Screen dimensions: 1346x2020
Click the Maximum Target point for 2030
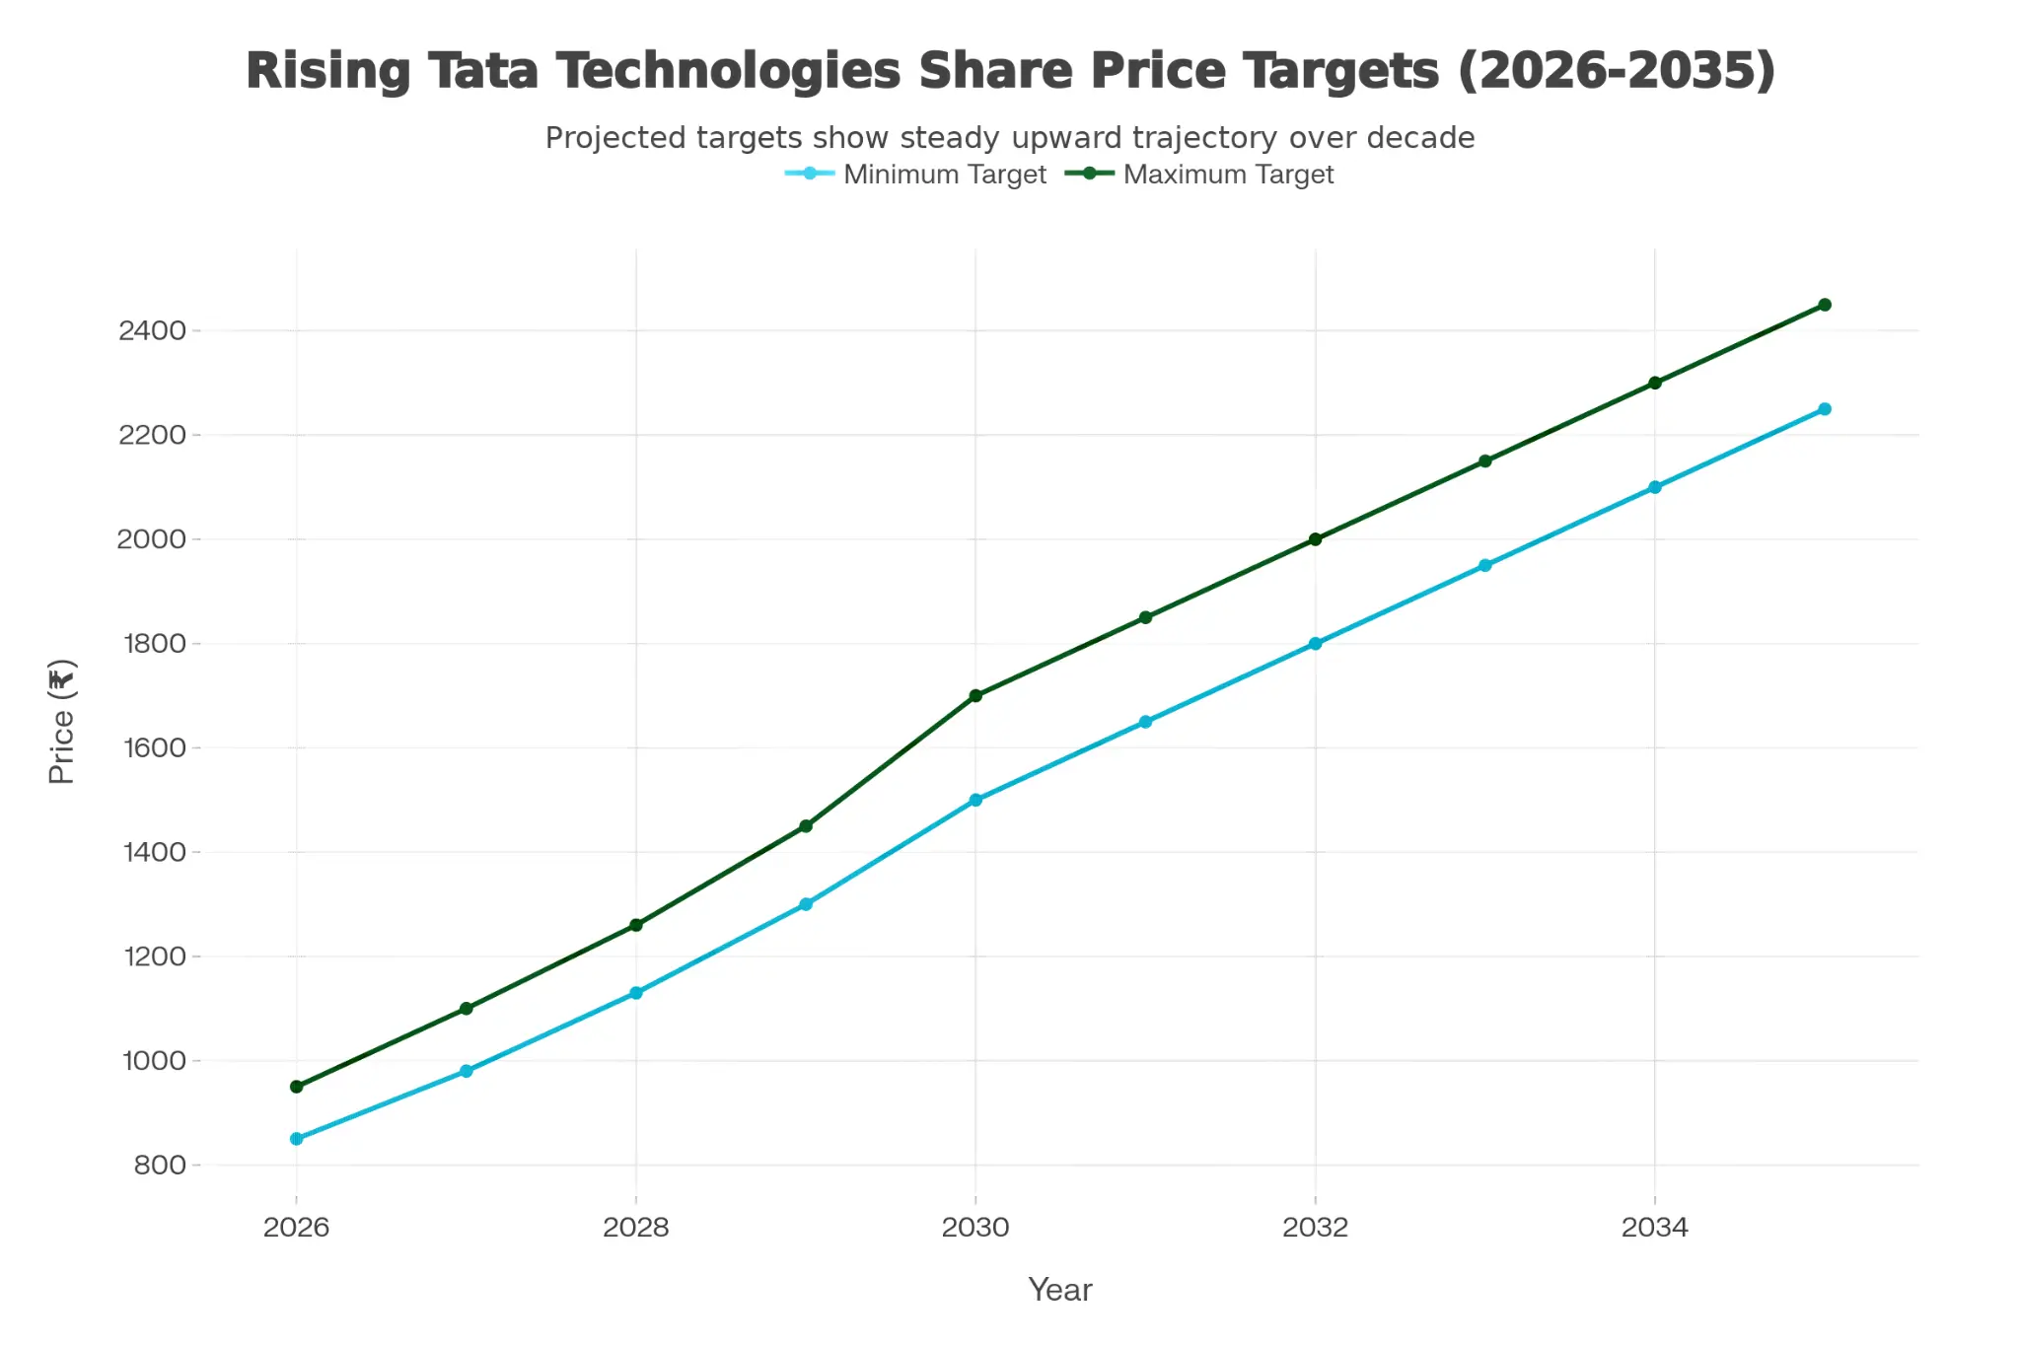tap(975, 696)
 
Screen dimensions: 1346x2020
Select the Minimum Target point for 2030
tap(975, 801)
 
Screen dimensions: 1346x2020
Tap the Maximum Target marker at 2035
tap(1825, 305)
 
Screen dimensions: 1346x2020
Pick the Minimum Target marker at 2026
tap(297, 1139)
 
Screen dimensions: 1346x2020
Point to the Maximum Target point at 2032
tap(1315, 539)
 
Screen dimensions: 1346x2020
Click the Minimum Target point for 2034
tap(1655, 487)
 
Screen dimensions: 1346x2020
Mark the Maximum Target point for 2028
tap(636, 925)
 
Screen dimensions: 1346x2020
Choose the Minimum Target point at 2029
tap(806, 904)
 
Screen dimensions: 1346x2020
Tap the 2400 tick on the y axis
tap(152, 330)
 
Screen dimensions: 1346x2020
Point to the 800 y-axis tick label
tap(160, 1166)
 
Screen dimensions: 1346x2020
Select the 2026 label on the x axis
tap(296, 1228)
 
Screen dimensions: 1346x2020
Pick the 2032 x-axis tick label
tap(1315, 1228)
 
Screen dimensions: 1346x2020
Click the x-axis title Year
tap(1059, 1290)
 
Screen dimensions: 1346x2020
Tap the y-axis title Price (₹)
tap(62, 722)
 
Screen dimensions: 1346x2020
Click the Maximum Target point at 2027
tap(467, 1009)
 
